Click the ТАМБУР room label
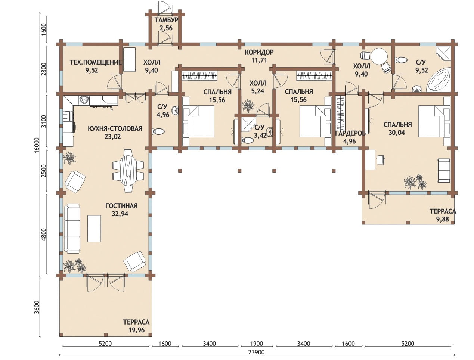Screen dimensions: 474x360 point(166,20)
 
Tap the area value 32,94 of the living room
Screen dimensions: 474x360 point(120,214)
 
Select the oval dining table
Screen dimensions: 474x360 point(128,171)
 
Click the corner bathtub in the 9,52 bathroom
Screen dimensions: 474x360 point(439,80)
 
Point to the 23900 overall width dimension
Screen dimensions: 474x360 point(256,353)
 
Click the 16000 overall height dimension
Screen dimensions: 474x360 point(37,145)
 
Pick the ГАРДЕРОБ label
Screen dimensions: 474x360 point(350,133)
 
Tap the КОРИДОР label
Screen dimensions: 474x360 point(259,52)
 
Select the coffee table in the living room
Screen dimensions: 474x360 point(94,228)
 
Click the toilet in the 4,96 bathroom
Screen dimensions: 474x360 point(158,131)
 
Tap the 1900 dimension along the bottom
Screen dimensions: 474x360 point(257,344)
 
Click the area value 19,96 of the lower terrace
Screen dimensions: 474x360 point(136,330)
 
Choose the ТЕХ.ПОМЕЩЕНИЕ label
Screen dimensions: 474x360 point(96,62)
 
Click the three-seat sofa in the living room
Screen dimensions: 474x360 point(72,229)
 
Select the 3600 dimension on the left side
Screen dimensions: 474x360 point(37,307)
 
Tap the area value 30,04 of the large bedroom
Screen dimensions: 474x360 point(397,133)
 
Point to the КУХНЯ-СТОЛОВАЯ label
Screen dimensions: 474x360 point(115,128)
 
